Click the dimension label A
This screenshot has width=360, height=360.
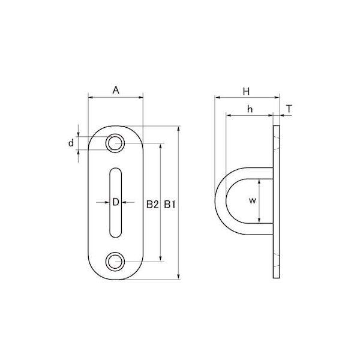116,90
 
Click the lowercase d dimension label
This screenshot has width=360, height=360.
71,143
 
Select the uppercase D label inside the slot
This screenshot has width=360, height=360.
116,202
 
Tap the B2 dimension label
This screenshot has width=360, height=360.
152,204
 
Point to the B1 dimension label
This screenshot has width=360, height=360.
170,204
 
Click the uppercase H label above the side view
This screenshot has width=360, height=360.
246,91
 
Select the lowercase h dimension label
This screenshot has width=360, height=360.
250,109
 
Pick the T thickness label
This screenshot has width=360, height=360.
289,109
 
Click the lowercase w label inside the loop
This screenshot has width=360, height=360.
253,200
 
